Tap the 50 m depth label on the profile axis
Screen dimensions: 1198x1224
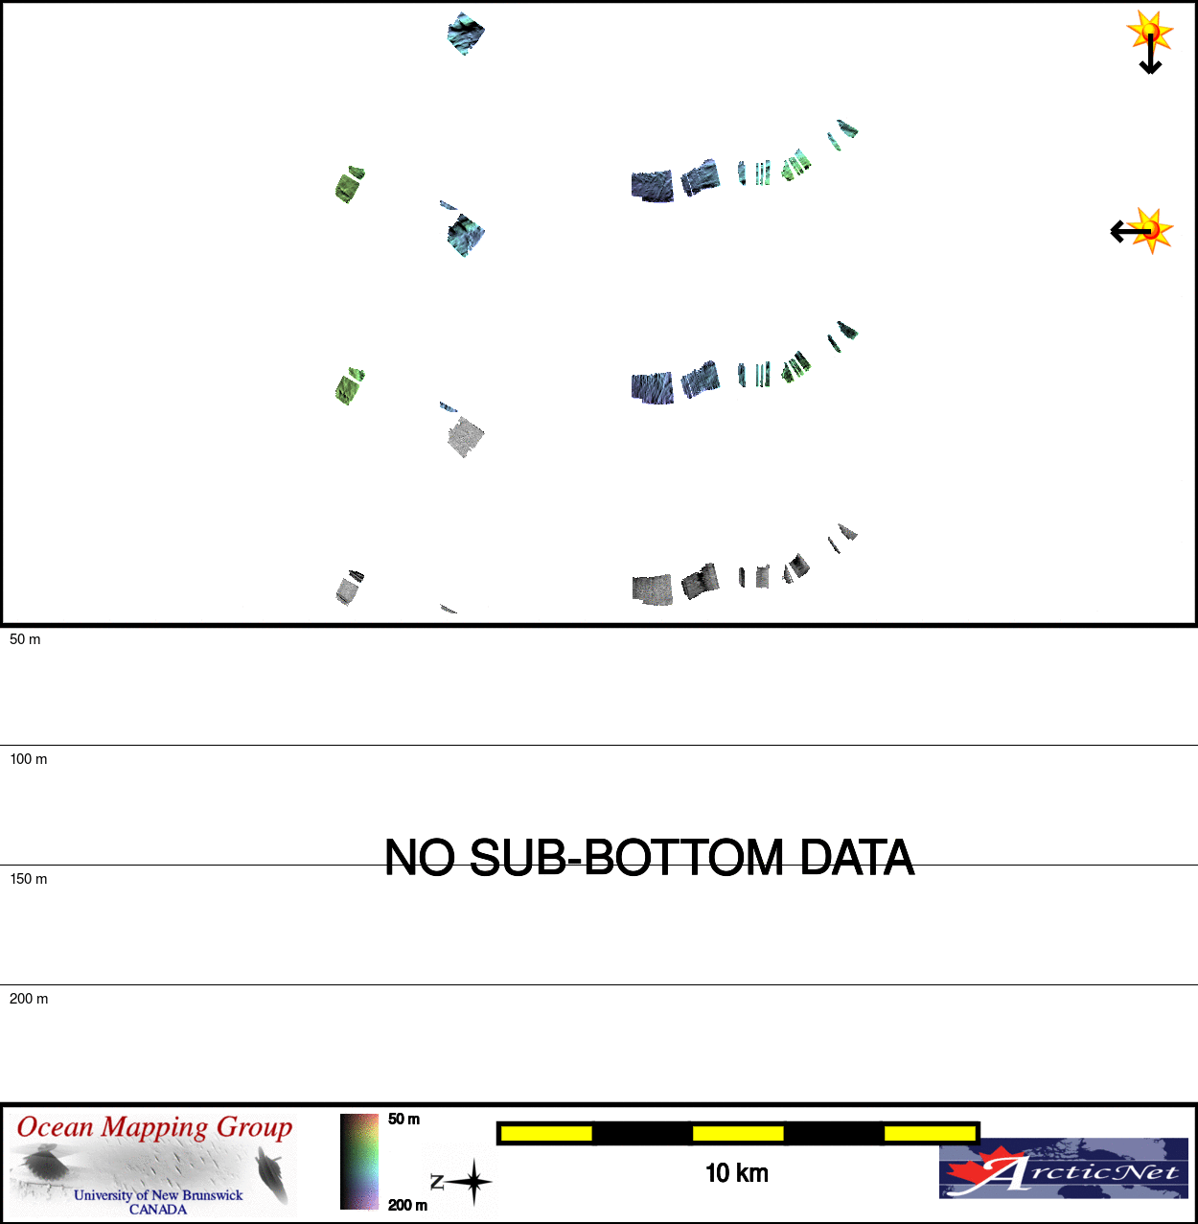coord(25,639)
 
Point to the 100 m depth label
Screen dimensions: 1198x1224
coord(29,759)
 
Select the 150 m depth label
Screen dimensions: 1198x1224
coord(29,879)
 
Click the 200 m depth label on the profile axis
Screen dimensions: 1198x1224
coord(29,999)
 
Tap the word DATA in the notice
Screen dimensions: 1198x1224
coord(857,858)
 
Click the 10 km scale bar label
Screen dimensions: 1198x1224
coord(737,1173)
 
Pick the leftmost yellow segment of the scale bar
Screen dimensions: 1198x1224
coord(546,1133)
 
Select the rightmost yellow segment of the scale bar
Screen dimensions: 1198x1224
coord(930,1133)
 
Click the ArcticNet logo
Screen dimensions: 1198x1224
coord(1063,1168)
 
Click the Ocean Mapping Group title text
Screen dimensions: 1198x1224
coord(154,1127)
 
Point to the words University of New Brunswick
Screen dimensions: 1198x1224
coord(158,1195)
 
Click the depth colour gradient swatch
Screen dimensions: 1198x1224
coord(358,1162)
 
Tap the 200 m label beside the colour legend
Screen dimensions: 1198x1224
coord(407,1205)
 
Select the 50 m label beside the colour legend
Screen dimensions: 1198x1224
coord(404,1120)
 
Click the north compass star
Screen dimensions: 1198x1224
coord(473,1182)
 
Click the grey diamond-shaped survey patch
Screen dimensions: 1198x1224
coord(466,437)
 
